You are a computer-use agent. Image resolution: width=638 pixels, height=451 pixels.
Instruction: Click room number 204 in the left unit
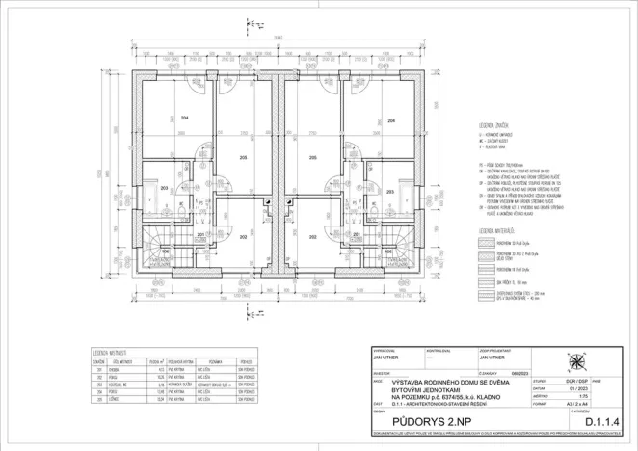coord(183,118)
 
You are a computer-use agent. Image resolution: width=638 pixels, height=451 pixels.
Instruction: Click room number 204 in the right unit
coord(390,121)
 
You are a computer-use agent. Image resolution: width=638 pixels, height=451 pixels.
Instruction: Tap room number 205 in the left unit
coord(243,157)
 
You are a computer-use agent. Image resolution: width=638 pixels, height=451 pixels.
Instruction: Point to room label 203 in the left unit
coord(164,189)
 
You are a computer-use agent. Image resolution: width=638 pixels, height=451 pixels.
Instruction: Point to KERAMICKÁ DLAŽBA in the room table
coord(182,383)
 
